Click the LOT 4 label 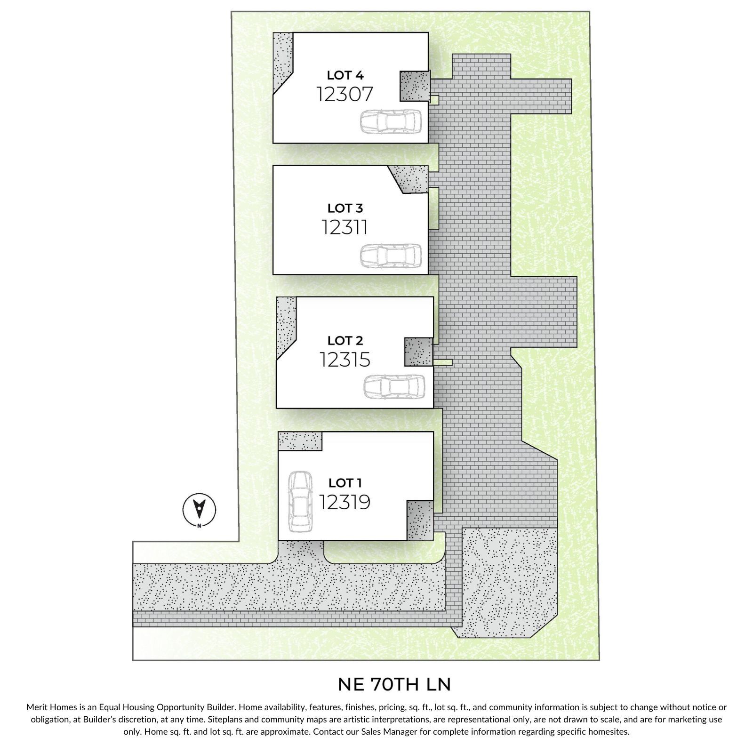pyautogui.click(x=345, y=75)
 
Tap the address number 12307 pyautogui.click(x=345, y=94)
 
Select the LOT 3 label pyautogui.click(x=345, y=208)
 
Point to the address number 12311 pyautogui.click(x=345, y=227)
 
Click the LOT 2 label pyautogui.click(x=345, y=340)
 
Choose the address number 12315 pyautogui.click(x=345, y=360)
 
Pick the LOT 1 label pyautogui.click(x=345, y=483)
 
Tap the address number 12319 pyautogui.click(x=345, y=502)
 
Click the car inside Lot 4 pyautogui.click(x=390, y=123)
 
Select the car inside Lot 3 pyautogui.click(x=390, y=256)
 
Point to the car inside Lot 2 pyautogui.click(x=394, y=387)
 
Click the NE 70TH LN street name pyautogui.click(x=394, y=685)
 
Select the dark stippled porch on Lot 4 pyautogui.click(x=415, y=86)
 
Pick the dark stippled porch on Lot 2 pyautogui.click(x=418, y=352)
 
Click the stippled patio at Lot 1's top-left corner pyautogui.click(x=300, y=441)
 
